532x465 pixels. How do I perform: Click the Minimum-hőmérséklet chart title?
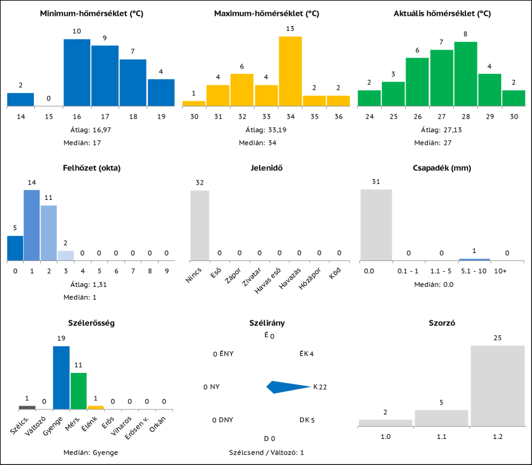pos(91,13)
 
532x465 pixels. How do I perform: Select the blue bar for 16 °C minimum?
pos(77,73)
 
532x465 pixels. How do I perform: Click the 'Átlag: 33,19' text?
pos(266,130)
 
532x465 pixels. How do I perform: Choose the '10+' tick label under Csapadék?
pos(501,271)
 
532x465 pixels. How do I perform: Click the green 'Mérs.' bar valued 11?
pos(79,391)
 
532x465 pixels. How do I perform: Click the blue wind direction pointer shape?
pos(287,387)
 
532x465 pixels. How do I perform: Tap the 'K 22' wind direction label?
pos(320,387)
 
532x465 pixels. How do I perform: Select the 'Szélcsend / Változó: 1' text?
pos(266,452)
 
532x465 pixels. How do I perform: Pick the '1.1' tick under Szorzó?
pos(441,436)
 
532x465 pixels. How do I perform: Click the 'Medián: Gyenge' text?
pos(91,452)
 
